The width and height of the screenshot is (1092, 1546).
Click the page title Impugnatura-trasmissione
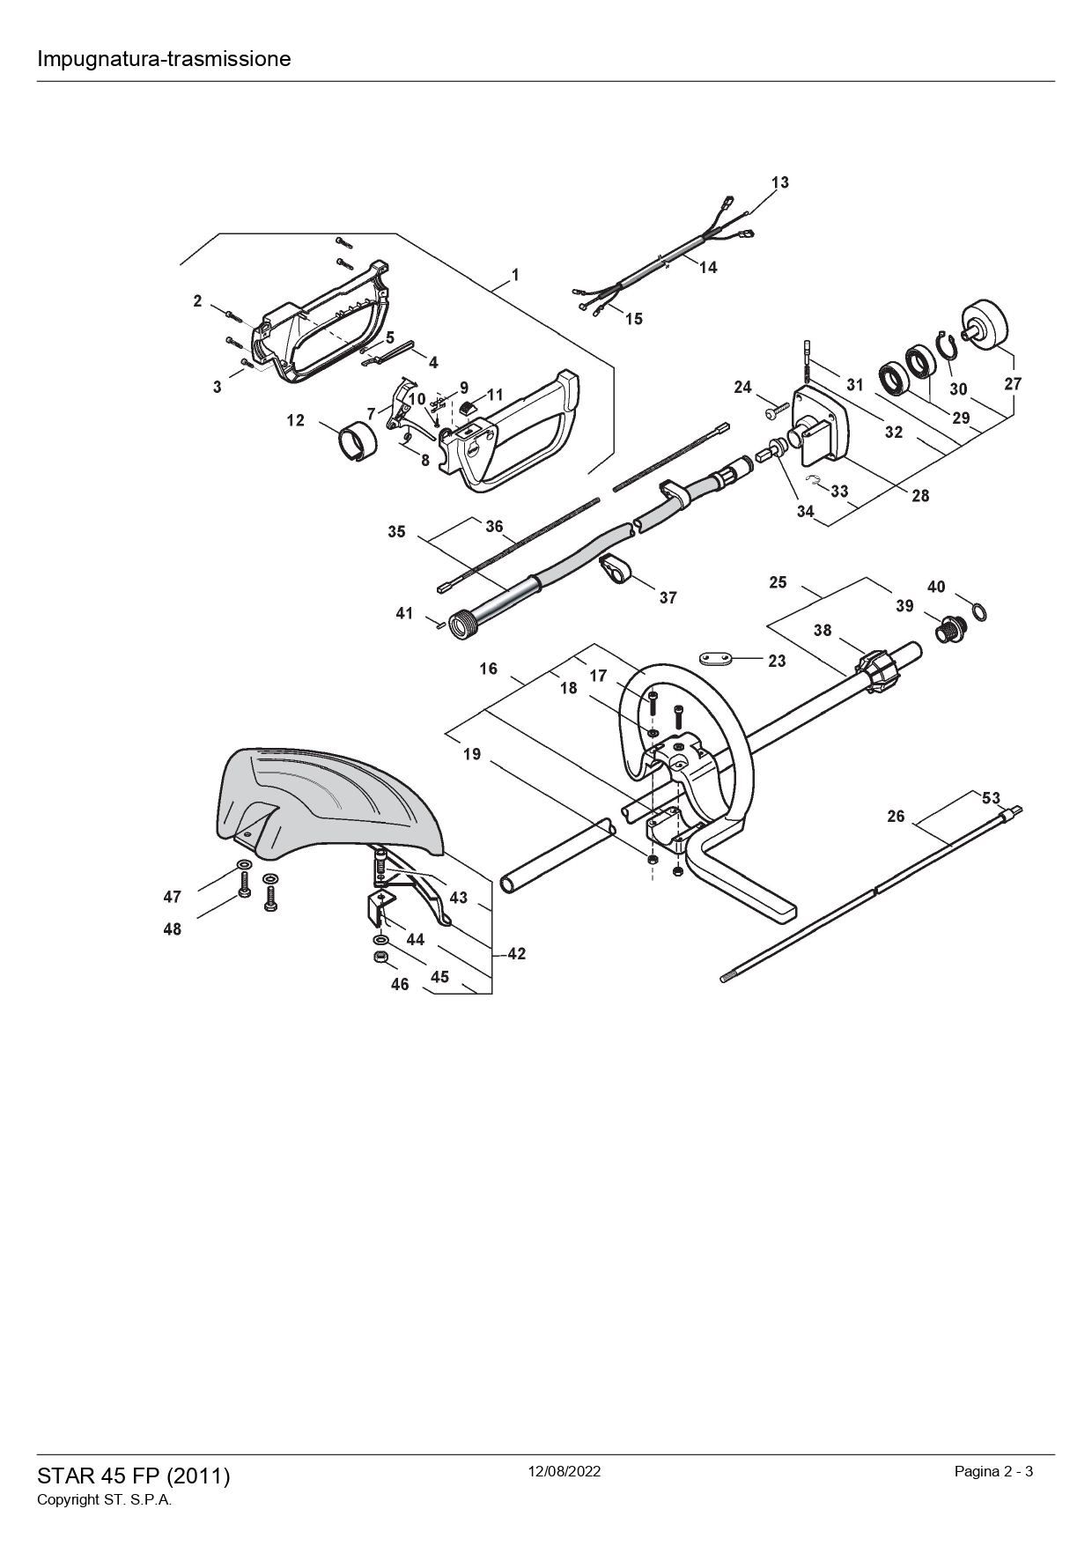[x=164, y=59]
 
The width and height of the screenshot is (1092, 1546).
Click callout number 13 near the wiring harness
[x=780, y=182]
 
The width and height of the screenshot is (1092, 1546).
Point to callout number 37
[x=668, y=597]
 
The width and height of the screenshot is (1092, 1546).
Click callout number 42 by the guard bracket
[x=517, y=954]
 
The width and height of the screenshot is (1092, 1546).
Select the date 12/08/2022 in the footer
[x=564, y=1471]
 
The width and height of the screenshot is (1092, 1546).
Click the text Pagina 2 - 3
[x=993, y=1471]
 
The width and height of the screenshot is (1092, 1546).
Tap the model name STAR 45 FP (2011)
[x=134, y=1476]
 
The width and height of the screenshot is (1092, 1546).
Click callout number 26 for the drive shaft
[x=896, y=817]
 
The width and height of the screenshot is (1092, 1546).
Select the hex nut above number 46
[x=380, y=958]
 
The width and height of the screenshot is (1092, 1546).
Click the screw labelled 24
[x=775, y=410]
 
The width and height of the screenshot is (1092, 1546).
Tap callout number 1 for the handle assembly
[x=515, y=275]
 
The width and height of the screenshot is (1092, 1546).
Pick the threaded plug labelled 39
[x=951, y=629]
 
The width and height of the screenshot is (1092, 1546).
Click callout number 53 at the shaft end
[x=992, y=798]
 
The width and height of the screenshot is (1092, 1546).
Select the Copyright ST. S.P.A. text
[x=104, y=1500]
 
